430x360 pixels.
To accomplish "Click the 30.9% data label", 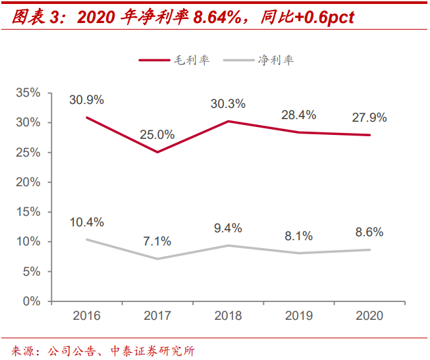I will (x=87, y=100).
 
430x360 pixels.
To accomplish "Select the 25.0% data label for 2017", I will (x=157, y=135).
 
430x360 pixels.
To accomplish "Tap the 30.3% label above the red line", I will (x=228, y=103).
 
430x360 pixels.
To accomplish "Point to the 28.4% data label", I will (x=299, y=115).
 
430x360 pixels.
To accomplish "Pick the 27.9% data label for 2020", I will (x=369, y=118).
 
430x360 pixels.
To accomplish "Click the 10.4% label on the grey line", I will (x=87, y=222).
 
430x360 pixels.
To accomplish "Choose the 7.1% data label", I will (x=157, y=241).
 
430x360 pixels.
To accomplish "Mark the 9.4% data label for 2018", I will (x=228, y=228).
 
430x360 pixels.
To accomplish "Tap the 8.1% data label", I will (x=299, y=236).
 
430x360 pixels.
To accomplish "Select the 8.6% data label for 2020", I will (x=369, y=232).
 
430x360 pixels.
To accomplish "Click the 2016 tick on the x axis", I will (x=87, y=315).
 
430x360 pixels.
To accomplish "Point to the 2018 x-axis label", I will (x=228, y=315).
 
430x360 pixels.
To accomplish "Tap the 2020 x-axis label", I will (x=369, y=315).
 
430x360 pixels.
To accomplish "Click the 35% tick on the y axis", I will (x=28, y=93).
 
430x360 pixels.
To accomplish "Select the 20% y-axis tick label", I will (x=28, y=182).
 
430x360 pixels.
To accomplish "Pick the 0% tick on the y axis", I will (x=31, y=301).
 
